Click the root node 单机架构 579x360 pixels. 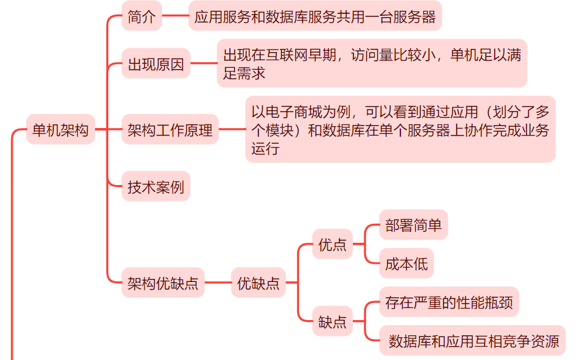coord(60,131)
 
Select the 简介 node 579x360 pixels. coord(141,17)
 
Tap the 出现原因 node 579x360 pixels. coord(156,64)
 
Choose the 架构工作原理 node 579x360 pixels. coord(170,131)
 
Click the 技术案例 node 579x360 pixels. coord(156,187)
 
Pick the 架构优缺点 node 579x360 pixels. coord(163,283)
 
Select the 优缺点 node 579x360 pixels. coord(258,283)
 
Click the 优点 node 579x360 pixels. coord(333,245)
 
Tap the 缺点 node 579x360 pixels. coord(333,322)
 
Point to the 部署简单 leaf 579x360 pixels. coord(413,226)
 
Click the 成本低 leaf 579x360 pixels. coord(406,264)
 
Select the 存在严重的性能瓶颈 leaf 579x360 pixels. coord(449,303)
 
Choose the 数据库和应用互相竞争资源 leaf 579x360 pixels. coord(473,342)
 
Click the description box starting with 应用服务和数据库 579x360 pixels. coord(315,17)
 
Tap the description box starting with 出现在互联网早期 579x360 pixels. coord(372,64)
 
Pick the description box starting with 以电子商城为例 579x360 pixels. coord(400,130)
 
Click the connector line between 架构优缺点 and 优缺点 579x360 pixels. coord(217,283)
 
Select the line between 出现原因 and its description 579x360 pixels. coord(203,64)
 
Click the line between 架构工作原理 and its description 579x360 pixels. coord(232,131)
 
